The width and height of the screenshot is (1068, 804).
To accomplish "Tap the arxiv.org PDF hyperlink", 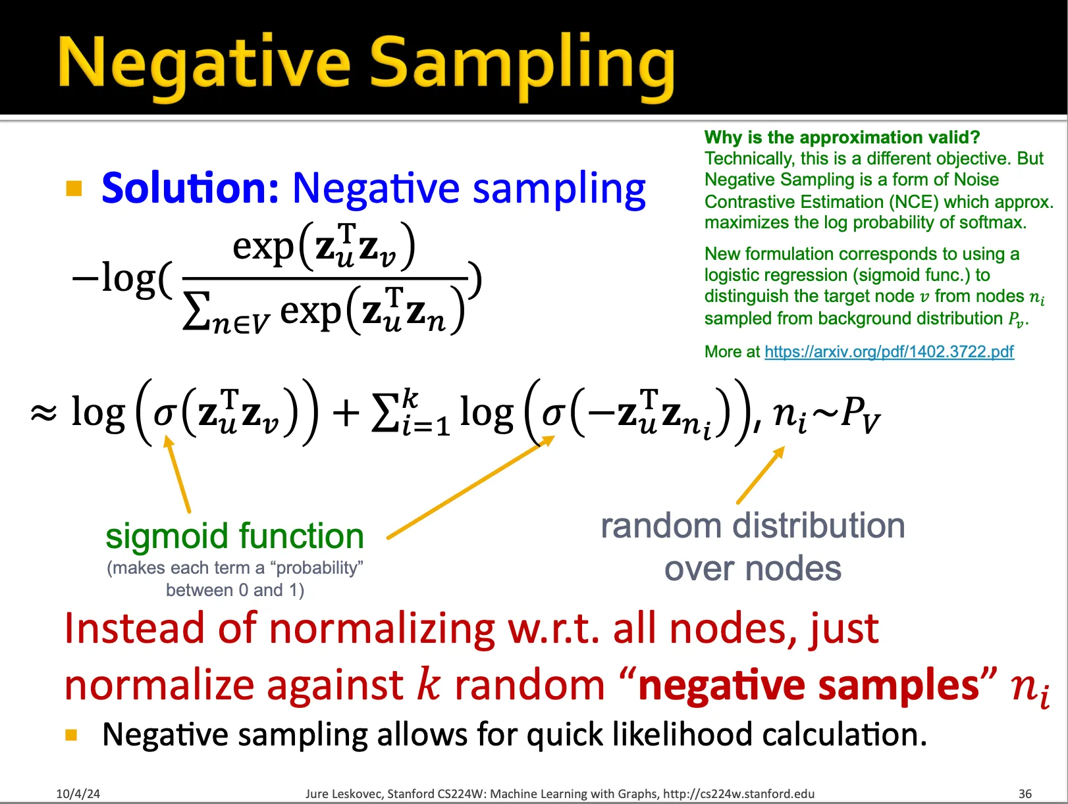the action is pyautogui.click(x=889, y=351).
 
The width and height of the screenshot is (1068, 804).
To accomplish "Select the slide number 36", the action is pyautogui.click(x=1025, y=793).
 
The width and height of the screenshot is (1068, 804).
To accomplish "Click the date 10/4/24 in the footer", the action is pyautogui.click(x=78, y=793).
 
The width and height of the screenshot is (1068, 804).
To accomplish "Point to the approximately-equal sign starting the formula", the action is pyautogui.click(x=44, y=413).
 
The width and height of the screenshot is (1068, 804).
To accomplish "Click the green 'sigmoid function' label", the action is pyautogui.click(x=234, y=536).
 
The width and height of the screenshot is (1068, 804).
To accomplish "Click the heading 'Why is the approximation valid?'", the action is pyautogui.click(x=841, y=137).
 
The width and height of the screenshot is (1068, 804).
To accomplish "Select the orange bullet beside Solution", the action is pyautogui.click(x=74, y=188).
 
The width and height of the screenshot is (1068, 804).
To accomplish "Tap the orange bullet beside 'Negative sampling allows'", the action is pyautogui.click(x=71, y=734).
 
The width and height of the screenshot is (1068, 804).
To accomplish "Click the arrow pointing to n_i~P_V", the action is pyautogui.click(x=761, y=475).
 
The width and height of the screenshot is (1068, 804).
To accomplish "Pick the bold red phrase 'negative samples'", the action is pyautogui.click(x=809, y=685).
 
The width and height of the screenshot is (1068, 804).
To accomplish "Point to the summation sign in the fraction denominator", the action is pyautogui.click(x=197, y=311).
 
